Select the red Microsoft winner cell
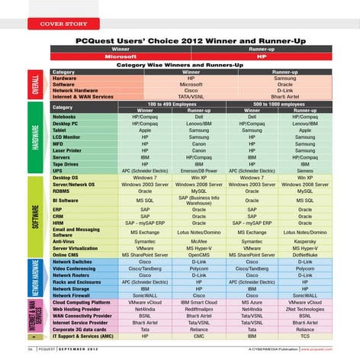point(121,56)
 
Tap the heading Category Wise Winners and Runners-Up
point(180,65)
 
